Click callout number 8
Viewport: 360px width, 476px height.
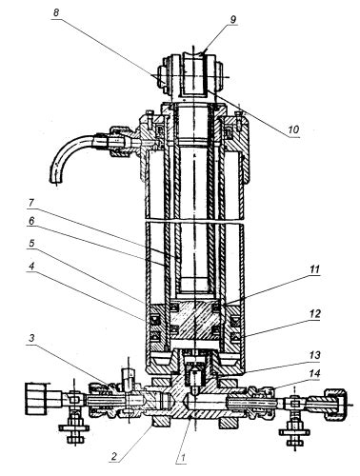pyautogui.click(x=56, y=13)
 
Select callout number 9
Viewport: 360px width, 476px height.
pyautogui.click(x=232, y=19)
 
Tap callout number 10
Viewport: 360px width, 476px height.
pyautogui.click(x=293, y=129)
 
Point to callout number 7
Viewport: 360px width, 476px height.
pyautogui.click(x=31, y=203)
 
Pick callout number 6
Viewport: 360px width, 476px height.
pyautogui.click(x=31, y=221)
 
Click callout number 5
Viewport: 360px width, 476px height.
pyautogui.click(x=31, y=244)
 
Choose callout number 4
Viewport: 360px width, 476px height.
pyautogui.click(x=31, y=266)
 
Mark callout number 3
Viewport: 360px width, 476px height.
pyautogui.click(x=31, y=338)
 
